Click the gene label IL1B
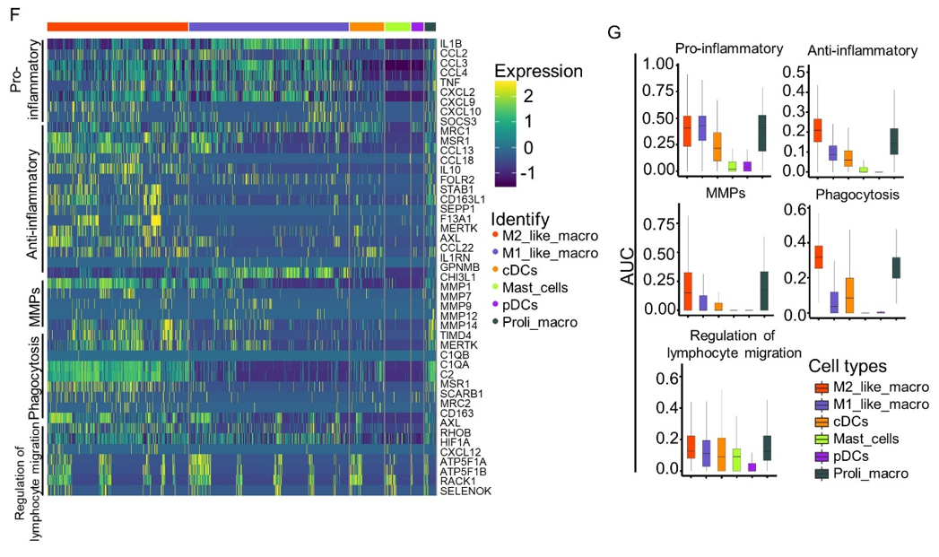coord(450,43)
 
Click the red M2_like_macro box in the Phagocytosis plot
coord(817,257)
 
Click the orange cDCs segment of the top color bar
coord(366,26)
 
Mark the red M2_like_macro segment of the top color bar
coord(117,26)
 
